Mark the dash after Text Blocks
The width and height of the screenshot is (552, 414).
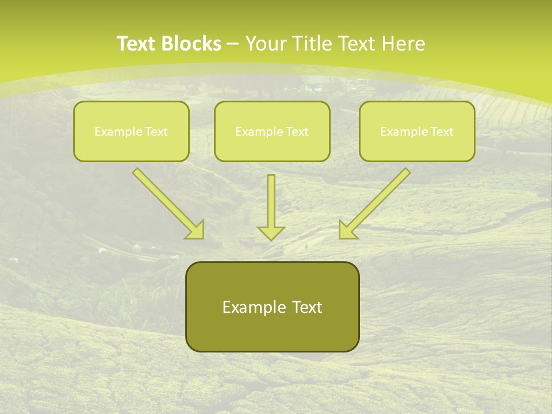point(233,44)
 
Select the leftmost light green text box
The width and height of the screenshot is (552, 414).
point(131,131)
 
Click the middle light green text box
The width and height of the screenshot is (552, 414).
point(272,131)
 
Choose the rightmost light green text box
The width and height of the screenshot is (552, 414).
point(417,131)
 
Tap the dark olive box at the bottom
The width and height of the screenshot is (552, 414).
point(272,306)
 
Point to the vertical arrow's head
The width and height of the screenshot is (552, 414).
point(271,232)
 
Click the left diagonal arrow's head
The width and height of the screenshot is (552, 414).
point(195,229)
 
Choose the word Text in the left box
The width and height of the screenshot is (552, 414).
point(157,132)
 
